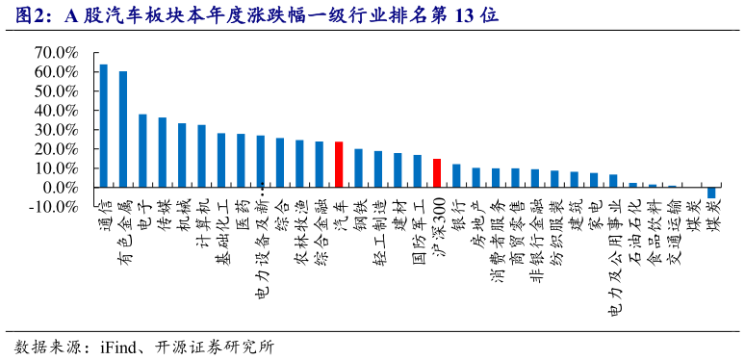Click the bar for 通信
pyautogui.click(x=103, y=125)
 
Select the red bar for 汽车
pyautogui.click(x=339, y=164)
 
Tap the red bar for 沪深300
pyautogui.click(x=437, y=172)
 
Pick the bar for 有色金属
pyautogui.click(x=122, y=129)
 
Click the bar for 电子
pyautogui.click(x=142, y=150)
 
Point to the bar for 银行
pyautogui.click(x=456, y=175)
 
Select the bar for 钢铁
pyautogui.click(x=358, y=167)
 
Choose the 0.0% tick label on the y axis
pyautogui.click(x=60, y=187)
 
